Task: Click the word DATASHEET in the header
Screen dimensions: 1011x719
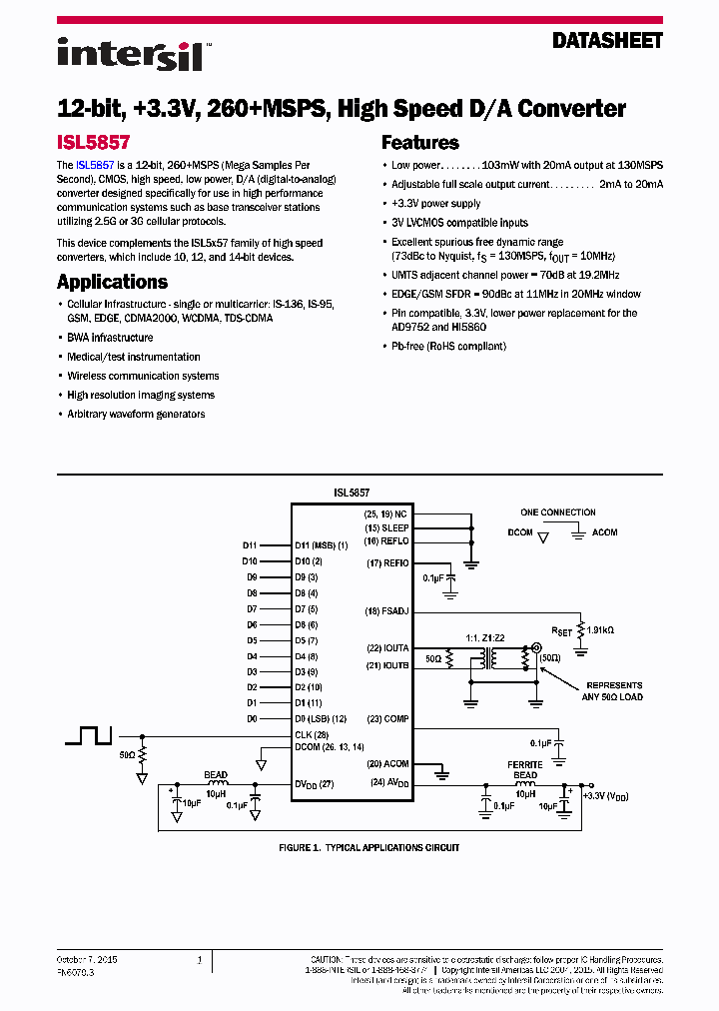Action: [607, 41]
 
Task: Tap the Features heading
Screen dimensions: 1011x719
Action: [420, 143]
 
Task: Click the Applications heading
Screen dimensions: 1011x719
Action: [112, 282]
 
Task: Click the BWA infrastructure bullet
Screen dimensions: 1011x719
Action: [110, 338]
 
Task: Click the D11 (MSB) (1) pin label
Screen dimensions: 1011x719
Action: [321, 545]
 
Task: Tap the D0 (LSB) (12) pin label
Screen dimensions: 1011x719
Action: [321, 718]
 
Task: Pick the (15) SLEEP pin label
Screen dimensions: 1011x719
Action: [386, 527]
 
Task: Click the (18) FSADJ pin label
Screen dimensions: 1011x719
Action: [387, 610]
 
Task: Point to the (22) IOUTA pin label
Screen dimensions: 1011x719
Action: [387, 648]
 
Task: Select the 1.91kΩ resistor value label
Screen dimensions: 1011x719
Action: [600, 630]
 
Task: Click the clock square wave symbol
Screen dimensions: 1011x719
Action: [90, 735]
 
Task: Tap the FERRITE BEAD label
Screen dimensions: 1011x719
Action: [525, 770]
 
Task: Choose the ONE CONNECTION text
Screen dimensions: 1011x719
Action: [558, 512]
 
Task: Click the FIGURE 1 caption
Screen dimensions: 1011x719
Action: [368, 847]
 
